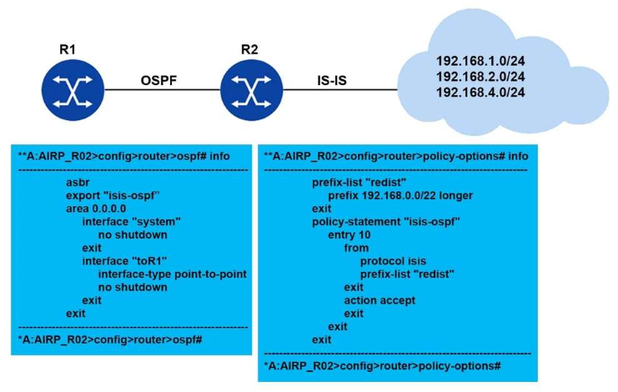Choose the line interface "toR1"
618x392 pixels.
[x=128, y=260]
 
